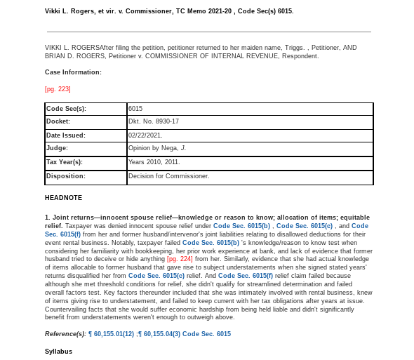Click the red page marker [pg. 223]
(x=58, y=88)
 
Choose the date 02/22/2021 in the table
(x=145, y=135)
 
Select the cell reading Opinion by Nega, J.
(x=157, y=148)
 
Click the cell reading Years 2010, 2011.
(x=154, y=162)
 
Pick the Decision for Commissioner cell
(x=169, y=175)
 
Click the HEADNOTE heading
(x=63, y=198)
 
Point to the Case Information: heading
(x=73, y=72)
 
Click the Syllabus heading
(x=58, y=350)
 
